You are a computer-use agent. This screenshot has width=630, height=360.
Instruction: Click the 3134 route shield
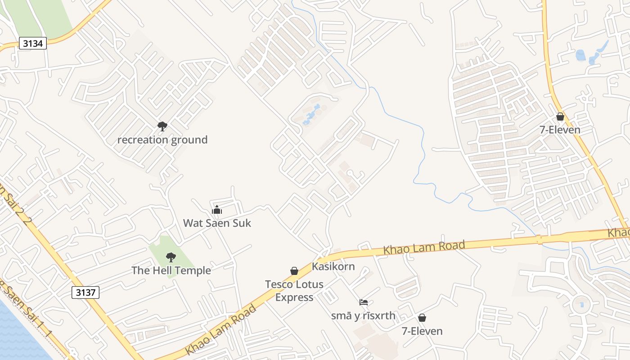coord(33,43)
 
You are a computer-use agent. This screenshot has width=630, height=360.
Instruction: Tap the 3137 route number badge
coord(85,292)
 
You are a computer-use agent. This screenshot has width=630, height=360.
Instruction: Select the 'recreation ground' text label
coord(162,140)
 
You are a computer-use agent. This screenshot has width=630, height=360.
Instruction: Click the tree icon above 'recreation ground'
coord(162,126)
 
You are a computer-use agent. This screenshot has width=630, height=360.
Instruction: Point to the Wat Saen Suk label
coord(217,223)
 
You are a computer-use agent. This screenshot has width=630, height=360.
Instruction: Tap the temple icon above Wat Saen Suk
coord(217,210)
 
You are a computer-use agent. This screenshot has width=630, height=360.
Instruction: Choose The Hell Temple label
coord(171,270)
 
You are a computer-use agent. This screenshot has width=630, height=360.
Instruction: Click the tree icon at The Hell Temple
coord(171,257)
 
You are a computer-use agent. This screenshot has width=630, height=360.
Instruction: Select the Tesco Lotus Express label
coord(294,291)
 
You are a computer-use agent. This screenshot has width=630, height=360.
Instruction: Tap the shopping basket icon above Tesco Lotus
coord(294,271)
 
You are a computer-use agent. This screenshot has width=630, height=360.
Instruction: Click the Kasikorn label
coord(333,266)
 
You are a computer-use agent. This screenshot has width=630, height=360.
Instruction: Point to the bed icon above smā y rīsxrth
coord(364,302)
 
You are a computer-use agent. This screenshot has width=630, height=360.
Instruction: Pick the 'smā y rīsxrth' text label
coord(363,316)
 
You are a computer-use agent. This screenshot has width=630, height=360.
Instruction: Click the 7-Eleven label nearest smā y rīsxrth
coord(422,331)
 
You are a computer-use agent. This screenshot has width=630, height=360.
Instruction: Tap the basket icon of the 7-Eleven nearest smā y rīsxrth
coord(422,318)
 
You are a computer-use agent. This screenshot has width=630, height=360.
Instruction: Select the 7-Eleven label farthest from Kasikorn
coord(560,130)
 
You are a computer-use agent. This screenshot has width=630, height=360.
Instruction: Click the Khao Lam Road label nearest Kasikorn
coord(423,247)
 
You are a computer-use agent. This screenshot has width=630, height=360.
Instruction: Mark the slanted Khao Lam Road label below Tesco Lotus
coord(220,330)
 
